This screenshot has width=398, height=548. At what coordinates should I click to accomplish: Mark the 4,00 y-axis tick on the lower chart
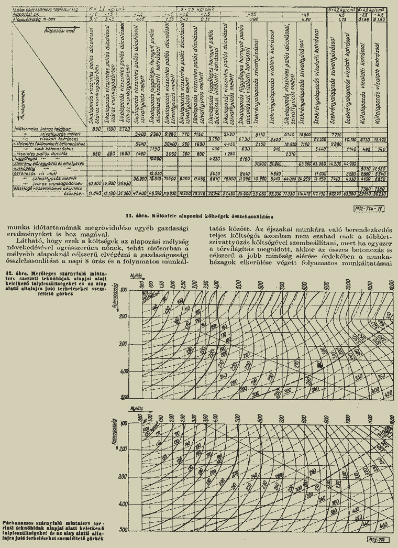coord(125,504)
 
